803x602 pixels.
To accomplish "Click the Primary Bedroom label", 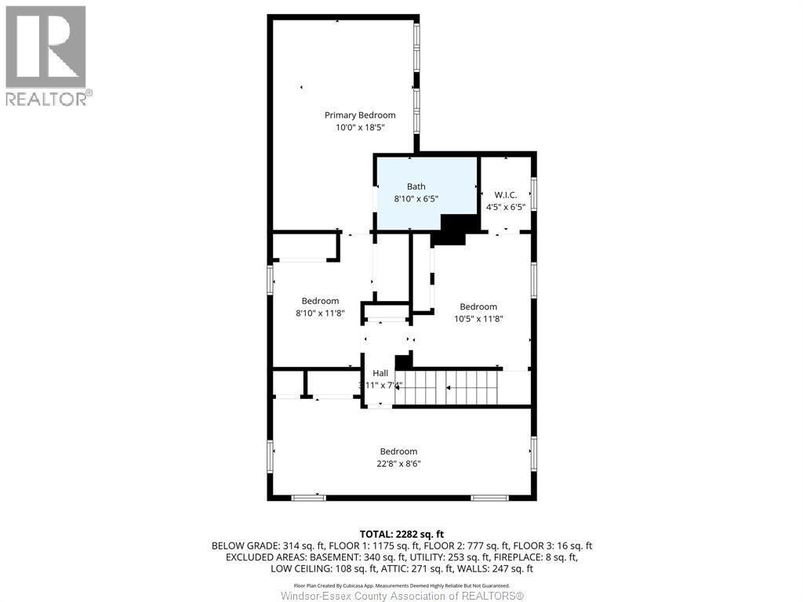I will pos(360,115).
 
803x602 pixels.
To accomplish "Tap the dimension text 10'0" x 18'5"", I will pos(360,127).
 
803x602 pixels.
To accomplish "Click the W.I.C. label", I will pos(506,194).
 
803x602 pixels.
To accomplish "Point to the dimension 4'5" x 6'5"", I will pos(506,208).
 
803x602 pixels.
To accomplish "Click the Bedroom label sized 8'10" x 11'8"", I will pos(320,301).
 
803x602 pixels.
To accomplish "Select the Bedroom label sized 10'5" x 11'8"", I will pos(478,306).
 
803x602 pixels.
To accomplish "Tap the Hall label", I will pos(380,373).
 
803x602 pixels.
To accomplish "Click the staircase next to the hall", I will pos(447,387).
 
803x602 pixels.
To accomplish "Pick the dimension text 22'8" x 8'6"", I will pos(398,464).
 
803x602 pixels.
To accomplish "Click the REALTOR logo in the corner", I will pos(47,55).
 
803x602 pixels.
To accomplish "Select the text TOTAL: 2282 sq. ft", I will pos(401,534).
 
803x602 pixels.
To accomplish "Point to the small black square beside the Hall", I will pos(403,361).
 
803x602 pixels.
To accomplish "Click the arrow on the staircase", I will pos(449,387).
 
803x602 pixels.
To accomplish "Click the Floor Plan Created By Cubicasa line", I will pos(401,585).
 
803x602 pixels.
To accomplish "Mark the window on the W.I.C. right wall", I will pos(533,194).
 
